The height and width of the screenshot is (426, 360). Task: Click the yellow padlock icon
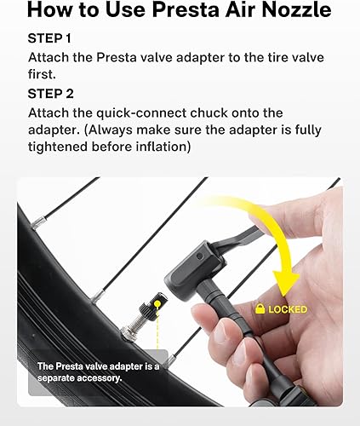click(259, 308)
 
